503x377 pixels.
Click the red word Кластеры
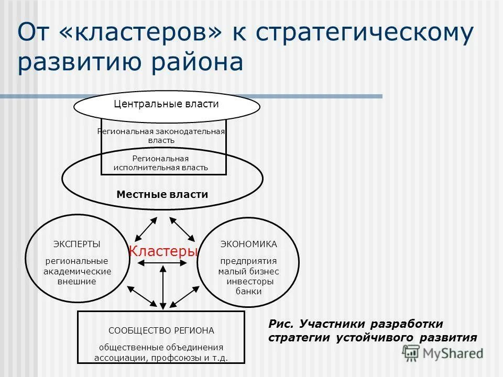[x=163, y=251]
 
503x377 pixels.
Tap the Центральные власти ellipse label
[x=166, y=104]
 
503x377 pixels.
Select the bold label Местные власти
[x=162, y=194]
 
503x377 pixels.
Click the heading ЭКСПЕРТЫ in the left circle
[x=77, y=244]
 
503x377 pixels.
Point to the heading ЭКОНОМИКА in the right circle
[x=248, y=244]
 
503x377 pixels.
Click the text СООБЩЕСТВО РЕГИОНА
[x=161, y=330]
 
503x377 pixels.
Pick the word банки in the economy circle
[x=248, y=291]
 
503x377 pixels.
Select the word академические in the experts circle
[x=77, y=271]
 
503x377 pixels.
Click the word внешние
[x=77, y=281]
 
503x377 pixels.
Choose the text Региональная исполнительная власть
[x=161, y=163]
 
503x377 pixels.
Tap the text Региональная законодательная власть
[x=161, y=136]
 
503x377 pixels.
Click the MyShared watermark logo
[x=443, y=352]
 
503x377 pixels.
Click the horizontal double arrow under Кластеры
[x=162, y=262]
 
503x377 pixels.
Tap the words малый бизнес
[x=249, y=271]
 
